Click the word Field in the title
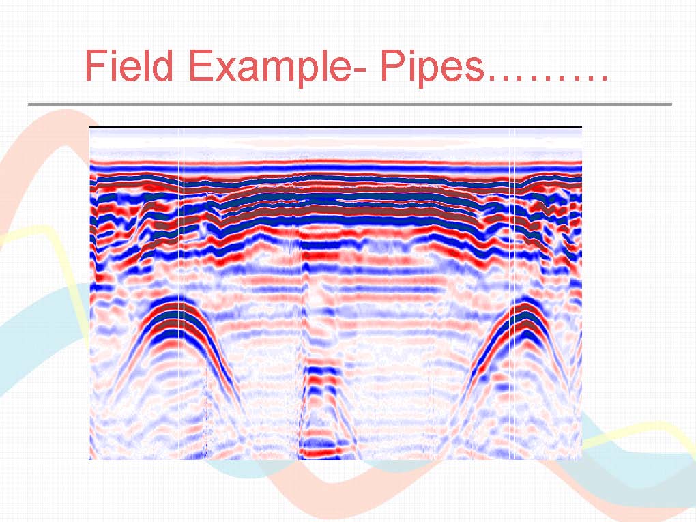[129, 66]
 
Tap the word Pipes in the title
[431, 68]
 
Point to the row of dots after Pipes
[547, 78]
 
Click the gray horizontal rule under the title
[350, 104]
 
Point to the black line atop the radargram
[335, 127]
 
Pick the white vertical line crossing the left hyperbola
[181, 293]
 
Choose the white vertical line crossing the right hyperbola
[512, 293]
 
